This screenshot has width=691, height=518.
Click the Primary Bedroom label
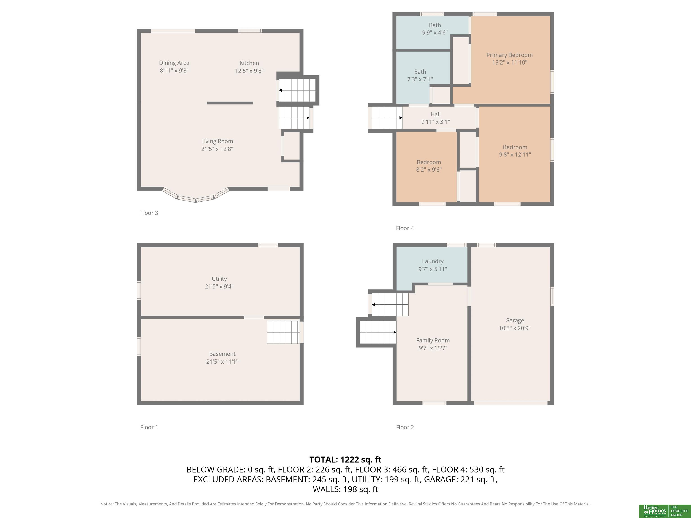tap(509, 55)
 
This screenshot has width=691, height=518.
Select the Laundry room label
tap(433, 261)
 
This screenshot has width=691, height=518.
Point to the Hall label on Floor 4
tap(435, 114)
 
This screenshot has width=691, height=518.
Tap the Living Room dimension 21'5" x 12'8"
tap(217, 149)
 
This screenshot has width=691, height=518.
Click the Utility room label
tap(219, 279)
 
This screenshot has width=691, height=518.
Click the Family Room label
tap(433, 340)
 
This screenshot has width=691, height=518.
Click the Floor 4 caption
tap(405, 228)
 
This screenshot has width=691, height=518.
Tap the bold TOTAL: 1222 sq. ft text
tap(345, 460)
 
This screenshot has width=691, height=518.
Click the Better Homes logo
tap(664, 511)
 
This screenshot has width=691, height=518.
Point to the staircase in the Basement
tap(283, 332)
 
